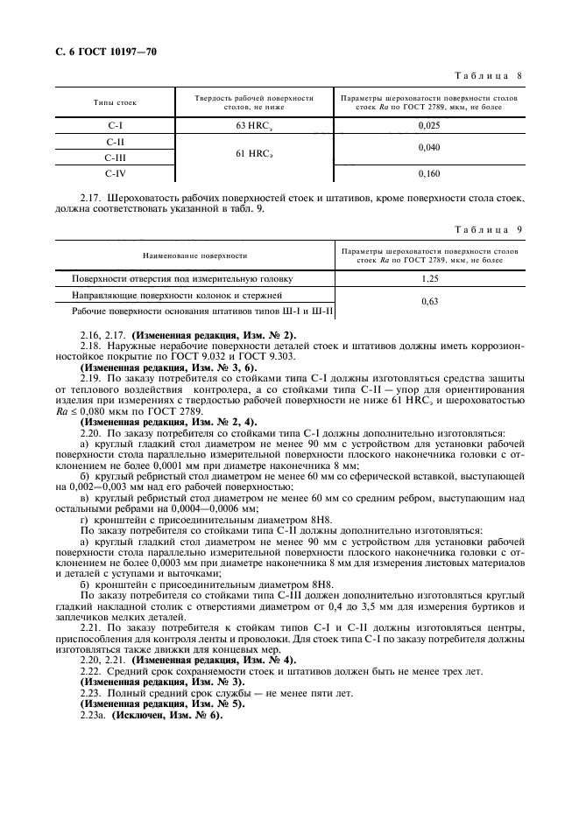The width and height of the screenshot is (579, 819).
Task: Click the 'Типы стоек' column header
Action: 115,103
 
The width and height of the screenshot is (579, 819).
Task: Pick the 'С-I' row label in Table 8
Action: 115,125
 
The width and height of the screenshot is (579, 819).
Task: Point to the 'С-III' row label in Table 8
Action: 115,157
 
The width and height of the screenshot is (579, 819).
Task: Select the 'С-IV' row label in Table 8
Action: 115,173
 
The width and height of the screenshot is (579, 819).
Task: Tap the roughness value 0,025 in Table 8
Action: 429,125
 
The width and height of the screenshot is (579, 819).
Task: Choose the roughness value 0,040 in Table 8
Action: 429,149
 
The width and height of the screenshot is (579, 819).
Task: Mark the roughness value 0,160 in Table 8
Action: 429,173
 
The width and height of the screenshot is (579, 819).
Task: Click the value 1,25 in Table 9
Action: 429,279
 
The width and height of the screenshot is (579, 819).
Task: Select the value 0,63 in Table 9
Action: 429,302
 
